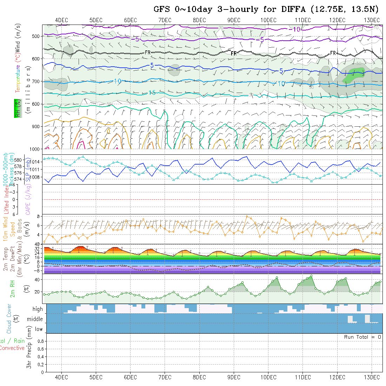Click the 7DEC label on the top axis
[165, 20]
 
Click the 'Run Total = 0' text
[362, 337]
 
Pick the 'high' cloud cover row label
[38, 309]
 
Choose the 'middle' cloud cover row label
[35, 319]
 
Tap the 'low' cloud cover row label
[39, 329]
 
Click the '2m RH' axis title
[12, 288]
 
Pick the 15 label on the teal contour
[152, 93]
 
